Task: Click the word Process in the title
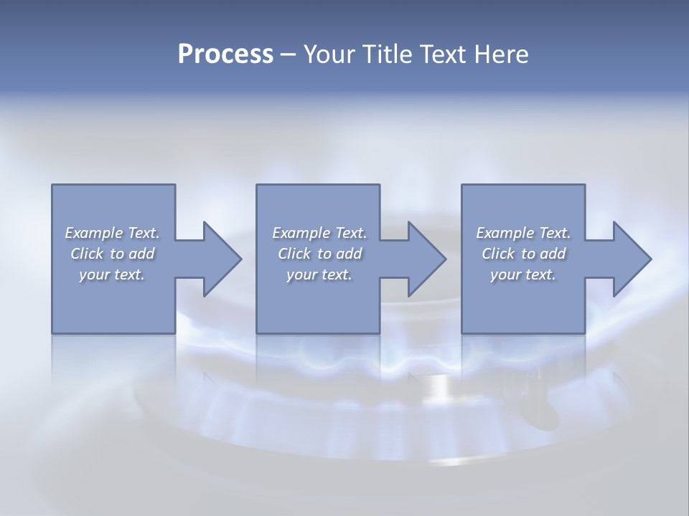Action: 225,54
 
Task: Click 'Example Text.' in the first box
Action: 113,233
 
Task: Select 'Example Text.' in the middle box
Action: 319,233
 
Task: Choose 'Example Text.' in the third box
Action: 523,233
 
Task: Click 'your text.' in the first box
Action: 113,274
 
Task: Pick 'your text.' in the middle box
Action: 319,274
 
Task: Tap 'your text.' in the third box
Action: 523,274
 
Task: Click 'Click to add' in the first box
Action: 113,254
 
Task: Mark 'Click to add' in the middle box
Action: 319,254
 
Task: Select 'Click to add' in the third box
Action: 523,254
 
